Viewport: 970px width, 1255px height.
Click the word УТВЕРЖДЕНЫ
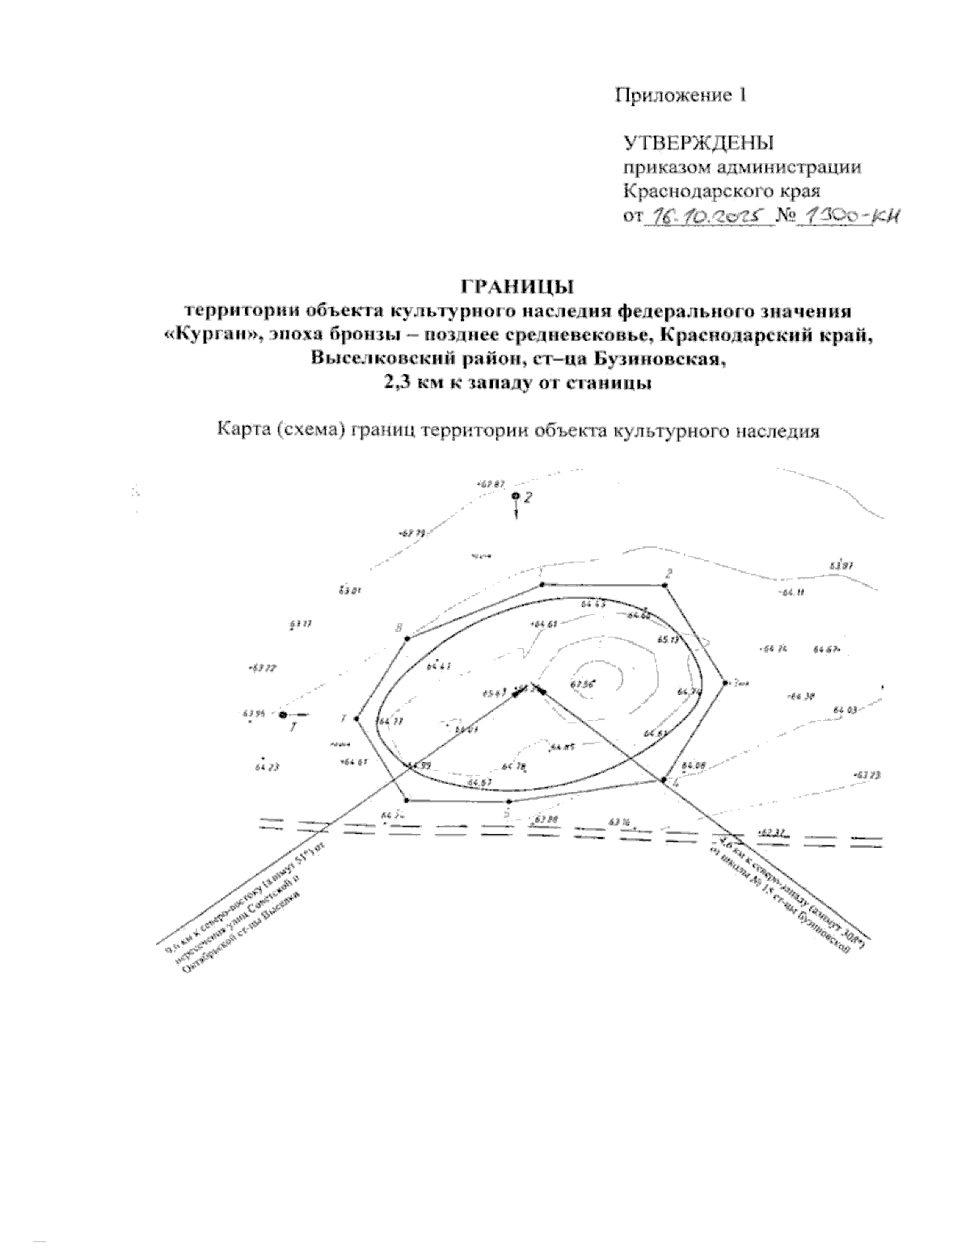[x=698, y=143]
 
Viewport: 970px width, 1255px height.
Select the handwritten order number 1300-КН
[x=849, y=216]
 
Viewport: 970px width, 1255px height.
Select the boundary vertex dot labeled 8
[x=407, y=638]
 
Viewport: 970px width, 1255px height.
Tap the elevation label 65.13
[x=668, y=639]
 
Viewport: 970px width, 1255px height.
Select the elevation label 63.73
[x=866, y=774]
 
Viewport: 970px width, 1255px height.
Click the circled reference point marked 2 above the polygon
[x=516, y=496]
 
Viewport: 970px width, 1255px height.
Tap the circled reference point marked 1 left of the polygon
[x=282, y=715]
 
